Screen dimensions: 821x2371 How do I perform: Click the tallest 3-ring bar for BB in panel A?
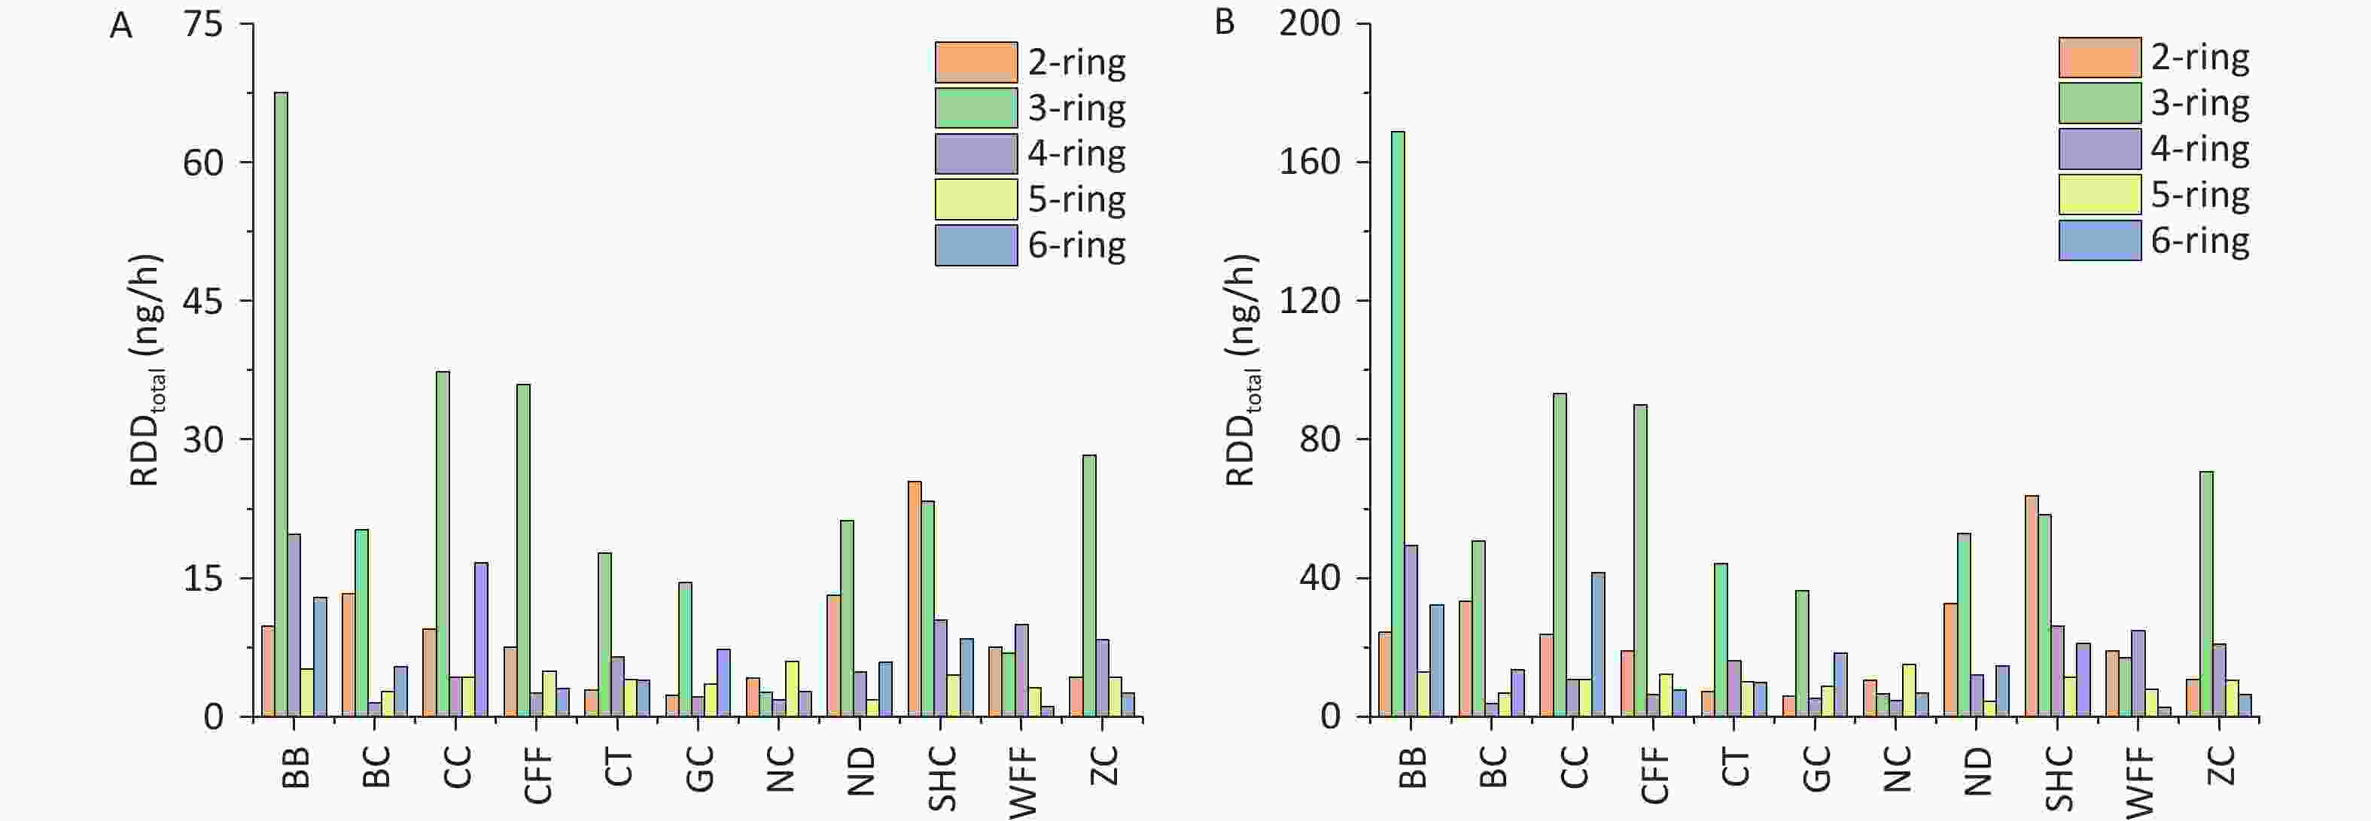pos(281,404)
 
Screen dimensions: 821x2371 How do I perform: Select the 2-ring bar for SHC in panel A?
pos(914,598)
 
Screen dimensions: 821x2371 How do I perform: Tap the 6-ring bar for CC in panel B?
pos(1598,644)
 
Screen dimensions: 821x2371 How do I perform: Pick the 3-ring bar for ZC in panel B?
pos(2206,594)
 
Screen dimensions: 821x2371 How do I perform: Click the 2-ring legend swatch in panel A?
pos(975,62)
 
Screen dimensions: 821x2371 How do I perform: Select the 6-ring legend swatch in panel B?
pos(2099,240)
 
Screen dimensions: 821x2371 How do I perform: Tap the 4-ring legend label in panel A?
pos(1076,154)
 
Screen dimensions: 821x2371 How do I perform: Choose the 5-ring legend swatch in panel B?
pos(2099,194)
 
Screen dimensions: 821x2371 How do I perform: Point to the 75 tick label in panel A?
pos(203,25)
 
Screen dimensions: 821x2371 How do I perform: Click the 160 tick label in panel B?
pos(1309,163)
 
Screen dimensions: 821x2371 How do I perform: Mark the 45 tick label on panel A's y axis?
pos(203,302)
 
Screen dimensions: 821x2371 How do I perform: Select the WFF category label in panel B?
pos(2141,781)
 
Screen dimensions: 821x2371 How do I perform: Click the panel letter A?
pos(120,26)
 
